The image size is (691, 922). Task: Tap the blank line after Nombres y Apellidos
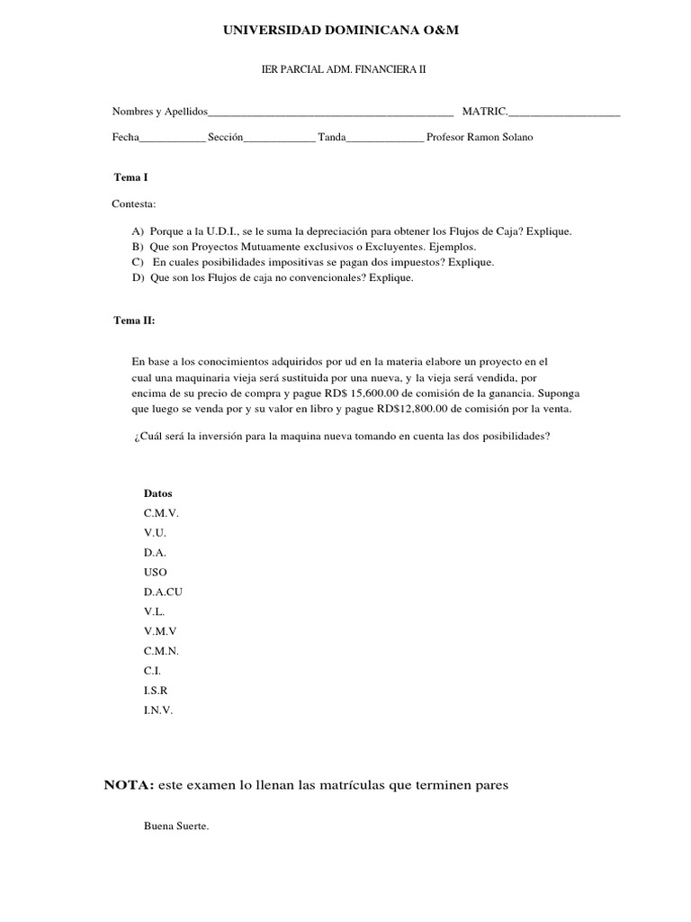coord(330,113)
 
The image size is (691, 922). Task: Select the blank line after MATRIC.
coord(564,113)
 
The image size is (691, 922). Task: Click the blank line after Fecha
coord(172,139)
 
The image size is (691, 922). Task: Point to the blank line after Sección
coord(279,139)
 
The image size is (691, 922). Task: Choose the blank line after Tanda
coord(384,139)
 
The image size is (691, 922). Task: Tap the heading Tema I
coord(130,178)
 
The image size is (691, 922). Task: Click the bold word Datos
coord(157,493)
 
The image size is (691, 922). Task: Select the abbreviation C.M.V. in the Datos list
coord(161,512)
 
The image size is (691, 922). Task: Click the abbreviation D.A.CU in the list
coord(163,592)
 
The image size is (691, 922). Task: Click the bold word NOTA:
coord(130,785)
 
